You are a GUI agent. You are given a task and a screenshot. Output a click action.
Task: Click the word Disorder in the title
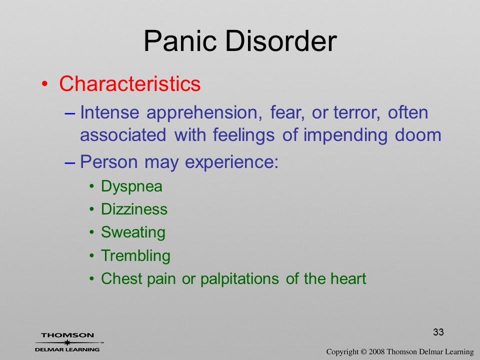pyautogui.click(x=281, y=41)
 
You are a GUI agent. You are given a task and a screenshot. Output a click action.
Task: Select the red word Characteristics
pyautogui.click(x=130, y=83)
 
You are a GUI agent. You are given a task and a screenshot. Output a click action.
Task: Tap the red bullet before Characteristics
pyautogui.click(x=45, y=84)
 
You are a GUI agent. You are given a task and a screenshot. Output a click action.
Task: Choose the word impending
pyautogui.click(x=345, y=135)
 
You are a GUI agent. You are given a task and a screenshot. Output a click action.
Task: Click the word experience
pyautogui.click(x=231, y=162)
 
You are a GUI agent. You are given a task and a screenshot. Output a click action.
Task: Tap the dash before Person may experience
pyautogui.click(x=70, y=163)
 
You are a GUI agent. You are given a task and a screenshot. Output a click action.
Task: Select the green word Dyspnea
pyautogui.click(x=131, y=186)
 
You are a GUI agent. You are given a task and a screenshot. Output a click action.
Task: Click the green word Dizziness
pyautogui.click(x=134, y=209)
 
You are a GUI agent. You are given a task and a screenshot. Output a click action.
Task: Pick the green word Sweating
pyautogui.click(x=133, y=232)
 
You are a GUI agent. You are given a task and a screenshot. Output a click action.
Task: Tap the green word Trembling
pyautogui.click(x=135, y=256)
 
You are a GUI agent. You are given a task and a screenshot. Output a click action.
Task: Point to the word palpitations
pyautogui.click(x=239, y=279)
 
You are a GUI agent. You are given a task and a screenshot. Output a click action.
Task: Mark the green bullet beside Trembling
pyautogui.click(x=92, y=256)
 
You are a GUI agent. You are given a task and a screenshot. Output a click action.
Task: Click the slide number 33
pyautogui.click(x=438, y=332)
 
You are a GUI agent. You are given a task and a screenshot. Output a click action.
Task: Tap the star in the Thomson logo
pyautogui.click(x=67, y=342)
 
